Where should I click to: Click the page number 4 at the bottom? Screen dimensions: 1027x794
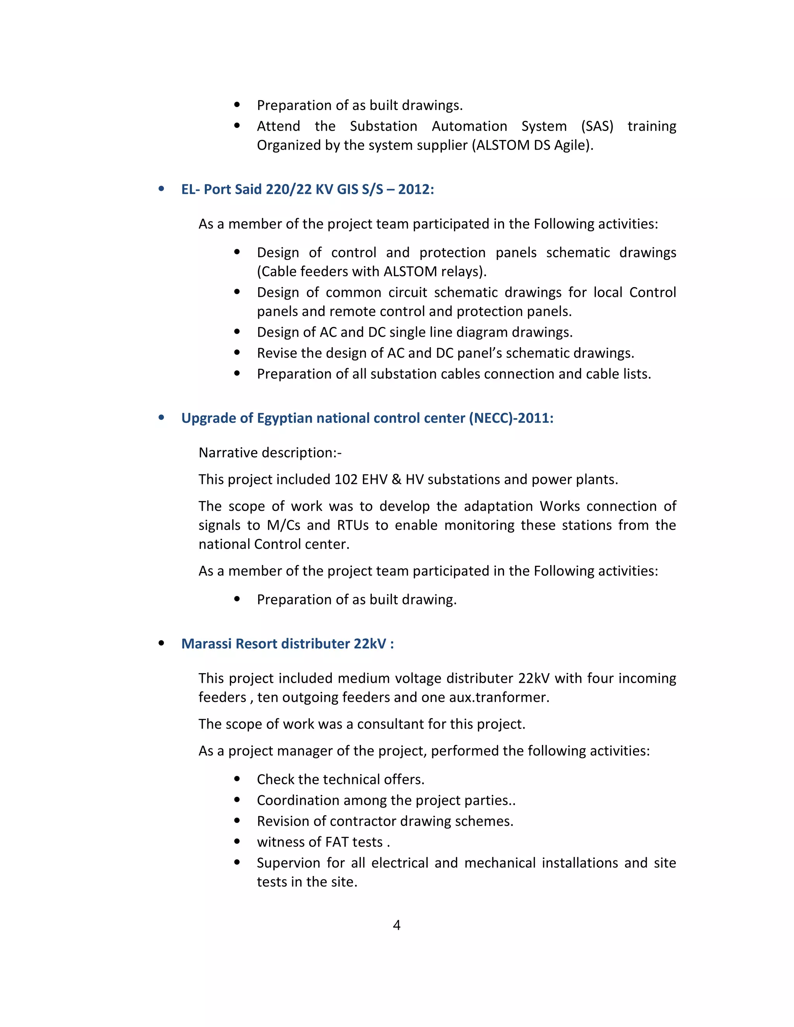tap(397, 925)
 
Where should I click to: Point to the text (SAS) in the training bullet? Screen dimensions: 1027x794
tap(597, 126)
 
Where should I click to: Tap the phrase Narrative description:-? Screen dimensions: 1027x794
tap(270, 452)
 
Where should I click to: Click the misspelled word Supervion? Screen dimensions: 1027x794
tap(287, 862)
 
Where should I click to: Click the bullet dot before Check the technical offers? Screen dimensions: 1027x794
tap(237, 779)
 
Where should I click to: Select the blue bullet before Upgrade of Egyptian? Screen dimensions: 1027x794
tap(161, 417)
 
